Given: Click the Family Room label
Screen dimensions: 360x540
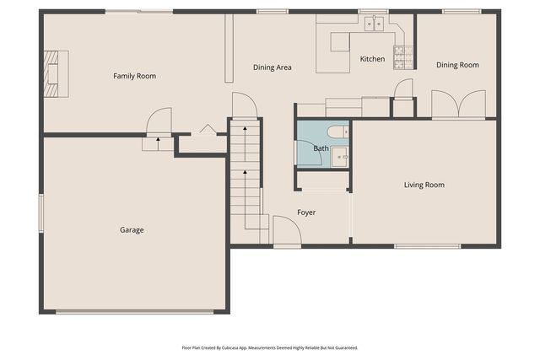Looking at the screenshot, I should tap(135, 76).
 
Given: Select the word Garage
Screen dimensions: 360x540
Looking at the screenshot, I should tap(132, 229).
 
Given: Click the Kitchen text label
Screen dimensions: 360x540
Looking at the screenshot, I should tap(372, 59).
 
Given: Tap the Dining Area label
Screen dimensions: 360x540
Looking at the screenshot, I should tap(273, 67).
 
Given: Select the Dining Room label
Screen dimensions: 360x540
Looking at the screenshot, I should tap(457, 65).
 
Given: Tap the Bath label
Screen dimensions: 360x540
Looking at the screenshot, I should tap(321, 148).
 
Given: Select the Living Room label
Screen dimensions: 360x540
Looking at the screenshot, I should tap(424, 185).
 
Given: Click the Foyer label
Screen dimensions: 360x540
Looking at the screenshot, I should tap(306, 212).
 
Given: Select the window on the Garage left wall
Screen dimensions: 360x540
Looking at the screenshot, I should tap(40, 212).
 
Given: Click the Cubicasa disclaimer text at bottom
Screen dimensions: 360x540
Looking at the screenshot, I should tap(270, 347).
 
